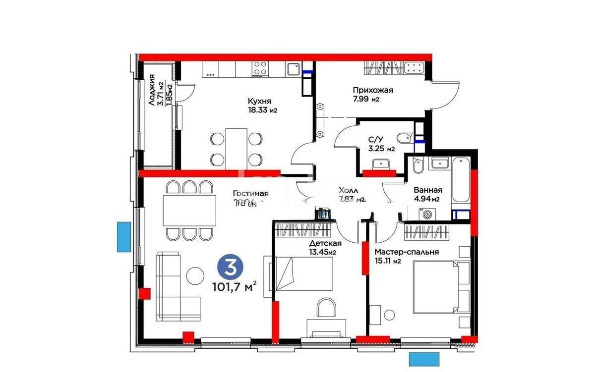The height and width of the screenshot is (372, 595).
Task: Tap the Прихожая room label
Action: pyautogui.click(x=373, y=90)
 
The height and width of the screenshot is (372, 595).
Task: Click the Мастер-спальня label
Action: pyautogui.click(x=407, y=252)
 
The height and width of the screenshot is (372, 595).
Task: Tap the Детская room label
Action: pyautogui.click(x=325, y=243)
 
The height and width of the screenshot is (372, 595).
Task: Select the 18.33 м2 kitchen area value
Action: pyautogui.click(x=262, y=110)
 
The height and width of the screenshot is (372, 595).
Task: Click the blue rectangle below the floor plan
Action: pyautogui.click(x=425, y=358)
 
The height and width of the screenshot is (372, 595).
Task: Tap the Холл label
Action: pyautogui.click(x=348, y=190)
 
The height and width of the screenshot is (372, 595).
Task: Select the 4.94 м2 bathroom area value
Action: pyautogui.click(x=428, y=200)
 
